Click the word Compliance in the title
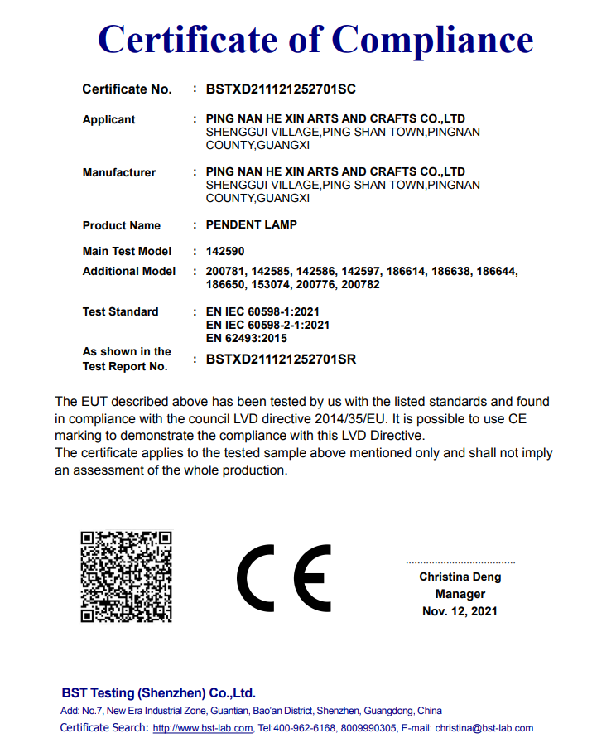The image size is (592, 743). click(433, 39)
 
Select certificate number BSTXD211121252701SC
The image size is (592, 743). click(281, 89)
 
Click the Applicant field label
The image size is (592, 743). click(108, 119)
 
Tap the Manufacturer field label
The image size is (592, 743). click(119, 172)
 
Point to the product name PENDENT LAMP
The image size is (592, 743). click(251, 224)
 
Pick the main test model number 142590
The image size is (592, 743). click(225, 251)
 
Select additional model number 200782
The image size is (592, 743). click(360, 284)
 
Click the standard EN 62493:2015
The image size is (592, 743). click(246, 338)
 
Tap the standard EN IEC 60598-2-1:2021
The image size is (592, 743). click(267, 325)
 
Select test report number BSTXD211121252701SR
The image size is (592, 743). click(281, 359)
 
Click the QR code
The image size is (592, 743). click(126, 576)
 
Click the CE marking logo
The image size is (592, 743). click(283, 577)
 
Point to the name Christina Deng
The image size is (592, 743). click(460, 577)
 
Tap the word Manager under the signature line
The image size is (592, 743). click(460, 594)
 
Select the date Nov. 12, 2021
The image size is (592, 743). click(460, 611)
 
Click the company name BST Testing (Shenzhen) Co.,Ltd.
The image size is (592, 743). click(158, 692)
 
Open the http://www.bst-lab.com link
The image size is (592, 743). click(203, 728)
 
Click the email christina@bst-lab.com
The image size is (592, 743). click(484, 728)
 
